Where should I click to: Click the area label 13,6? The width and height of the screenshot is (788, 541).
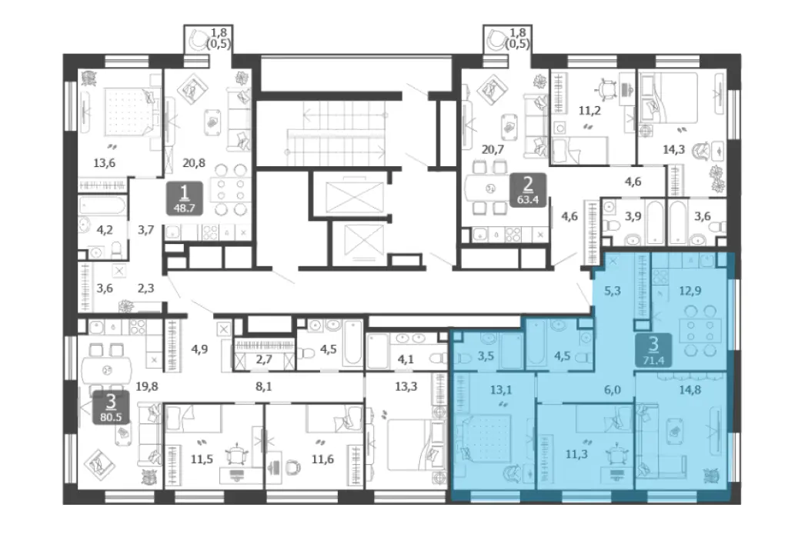click(104, 163)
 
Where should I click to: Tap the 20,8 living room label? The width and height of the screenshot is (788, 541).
click(194, 163)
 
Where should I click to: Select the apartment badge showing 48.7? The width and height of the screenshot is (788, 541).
click(185, 198)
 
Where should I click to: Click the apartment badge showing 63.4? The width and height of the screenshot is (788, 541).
click(528, 190)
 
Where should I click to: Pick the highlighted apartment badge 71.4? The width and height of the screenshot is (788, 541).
click(653, 350)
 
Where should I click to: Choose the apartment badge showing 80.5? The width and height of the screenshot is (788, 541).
click(111, 407)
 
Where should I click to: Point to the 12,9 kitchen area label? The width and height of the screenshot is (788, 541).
click(690, 291)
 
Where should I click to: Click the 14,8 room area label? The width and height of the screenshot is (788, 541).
click(690, 389)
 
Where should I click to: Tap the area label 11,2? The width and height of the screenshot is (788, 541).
click(589, 111)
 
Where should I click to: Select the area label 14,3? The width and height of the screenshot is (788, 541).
click(673, 150)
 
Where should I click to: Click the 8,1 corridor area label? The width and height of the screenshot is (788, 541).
click(263, 386)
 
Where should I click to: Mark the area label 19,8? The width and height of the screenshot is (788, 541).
click(147, 386)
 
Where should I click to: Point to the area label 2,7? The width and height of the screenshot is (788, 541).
click(264, 359)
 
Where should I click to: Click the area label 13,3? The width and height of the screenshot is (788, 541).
click(406, 386)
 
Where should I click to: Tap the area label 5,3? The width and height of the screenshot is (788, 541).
click(613, 291)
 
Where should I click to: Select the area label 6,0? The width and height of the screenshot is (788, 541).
click(613, 389)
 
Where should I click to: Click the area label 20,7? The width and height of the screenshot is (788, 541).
click(492, 150)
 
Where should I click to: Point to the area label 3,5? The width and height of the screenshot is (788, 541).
click(486, 356)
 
